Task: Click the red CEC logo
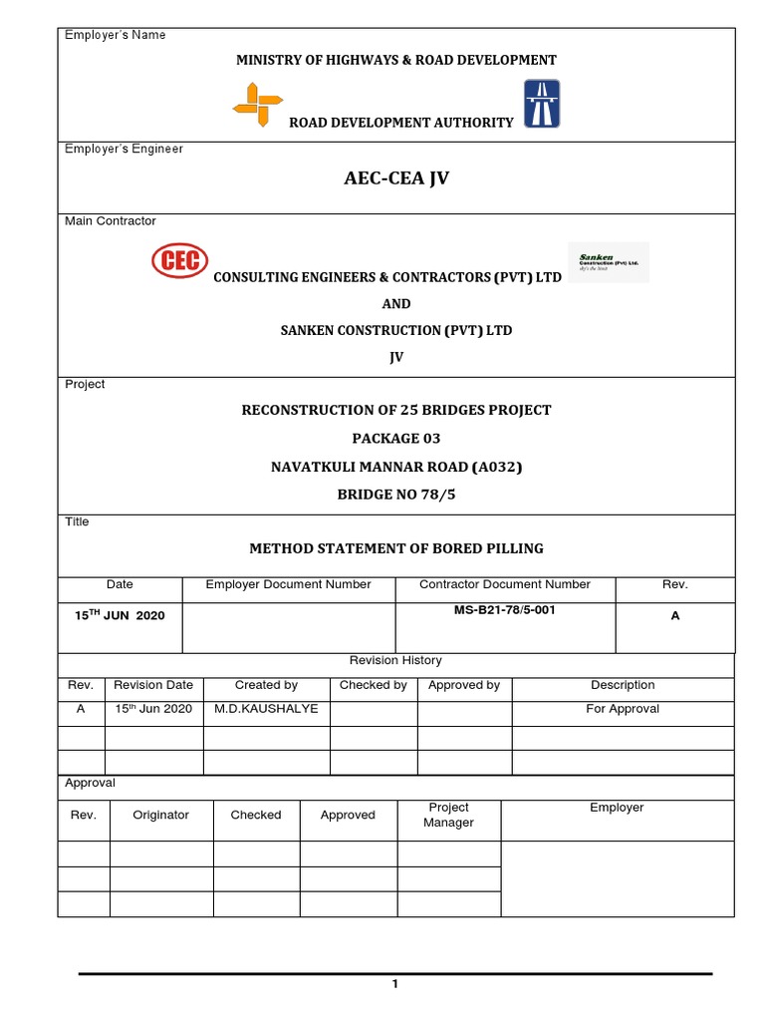coord(179,261)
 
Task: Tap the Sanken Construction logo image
coord(608,262)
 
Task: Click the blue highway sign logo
coord(541,104)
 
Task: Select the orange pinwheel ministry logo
coord(257,105)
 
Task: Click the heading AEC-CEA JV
coord(395,180)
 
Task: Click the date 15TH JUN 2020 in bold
coord(120,616)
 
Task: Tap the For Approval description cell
coord(622,709)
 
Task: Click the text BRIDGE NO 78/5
coord(395,494)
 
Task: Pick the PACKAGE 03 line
coord(395,438)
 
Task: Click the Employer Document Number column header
coord(288,584)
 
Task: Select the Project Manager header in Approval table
coord(448,815)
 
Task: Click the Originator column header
coord(160,815)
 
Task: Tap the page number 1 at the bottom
coord(394,985)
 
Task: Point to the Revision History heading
coord(395,660)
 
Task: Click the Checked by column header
coord(373,685)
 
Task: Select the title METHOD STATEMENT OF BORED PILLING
coord(395,548)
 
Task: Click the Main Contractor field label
coord(111,220)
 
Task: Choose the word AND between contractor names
coord(395,303)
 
